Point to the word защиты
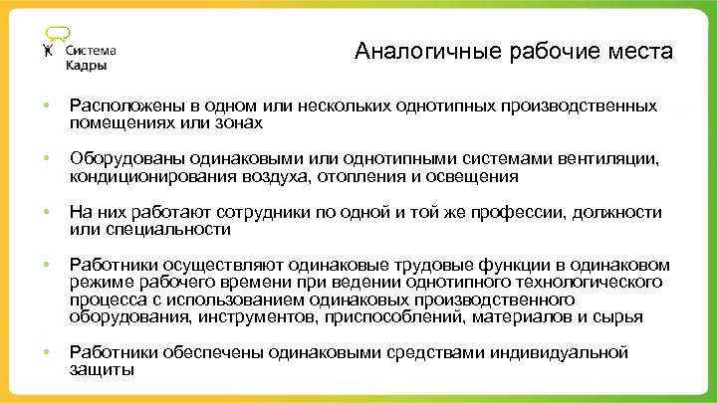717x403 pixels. (101, 369)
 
